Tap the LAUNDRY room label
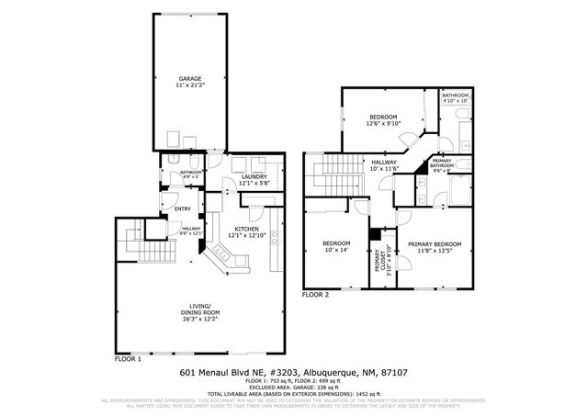pyautogui.click(x=253, y=180)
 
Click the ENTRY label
pyautogui.click(x=182, y=209)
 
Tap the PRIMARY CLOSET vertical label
pyautogui.click(x=380, y=262)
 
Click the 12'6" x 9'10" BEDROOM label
pyautogui.click(x=383, y=121)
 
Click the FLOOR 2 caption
pyautogui.click(x=317, y=296)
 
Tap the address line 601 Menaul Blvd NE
pyautogui.click(x=293, y=374)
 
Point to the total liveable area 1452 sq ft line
pyautogui.click(x=293, y=396)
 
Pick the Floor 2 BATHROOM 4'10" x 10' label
pyautogui.click(x=456, y=99)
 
